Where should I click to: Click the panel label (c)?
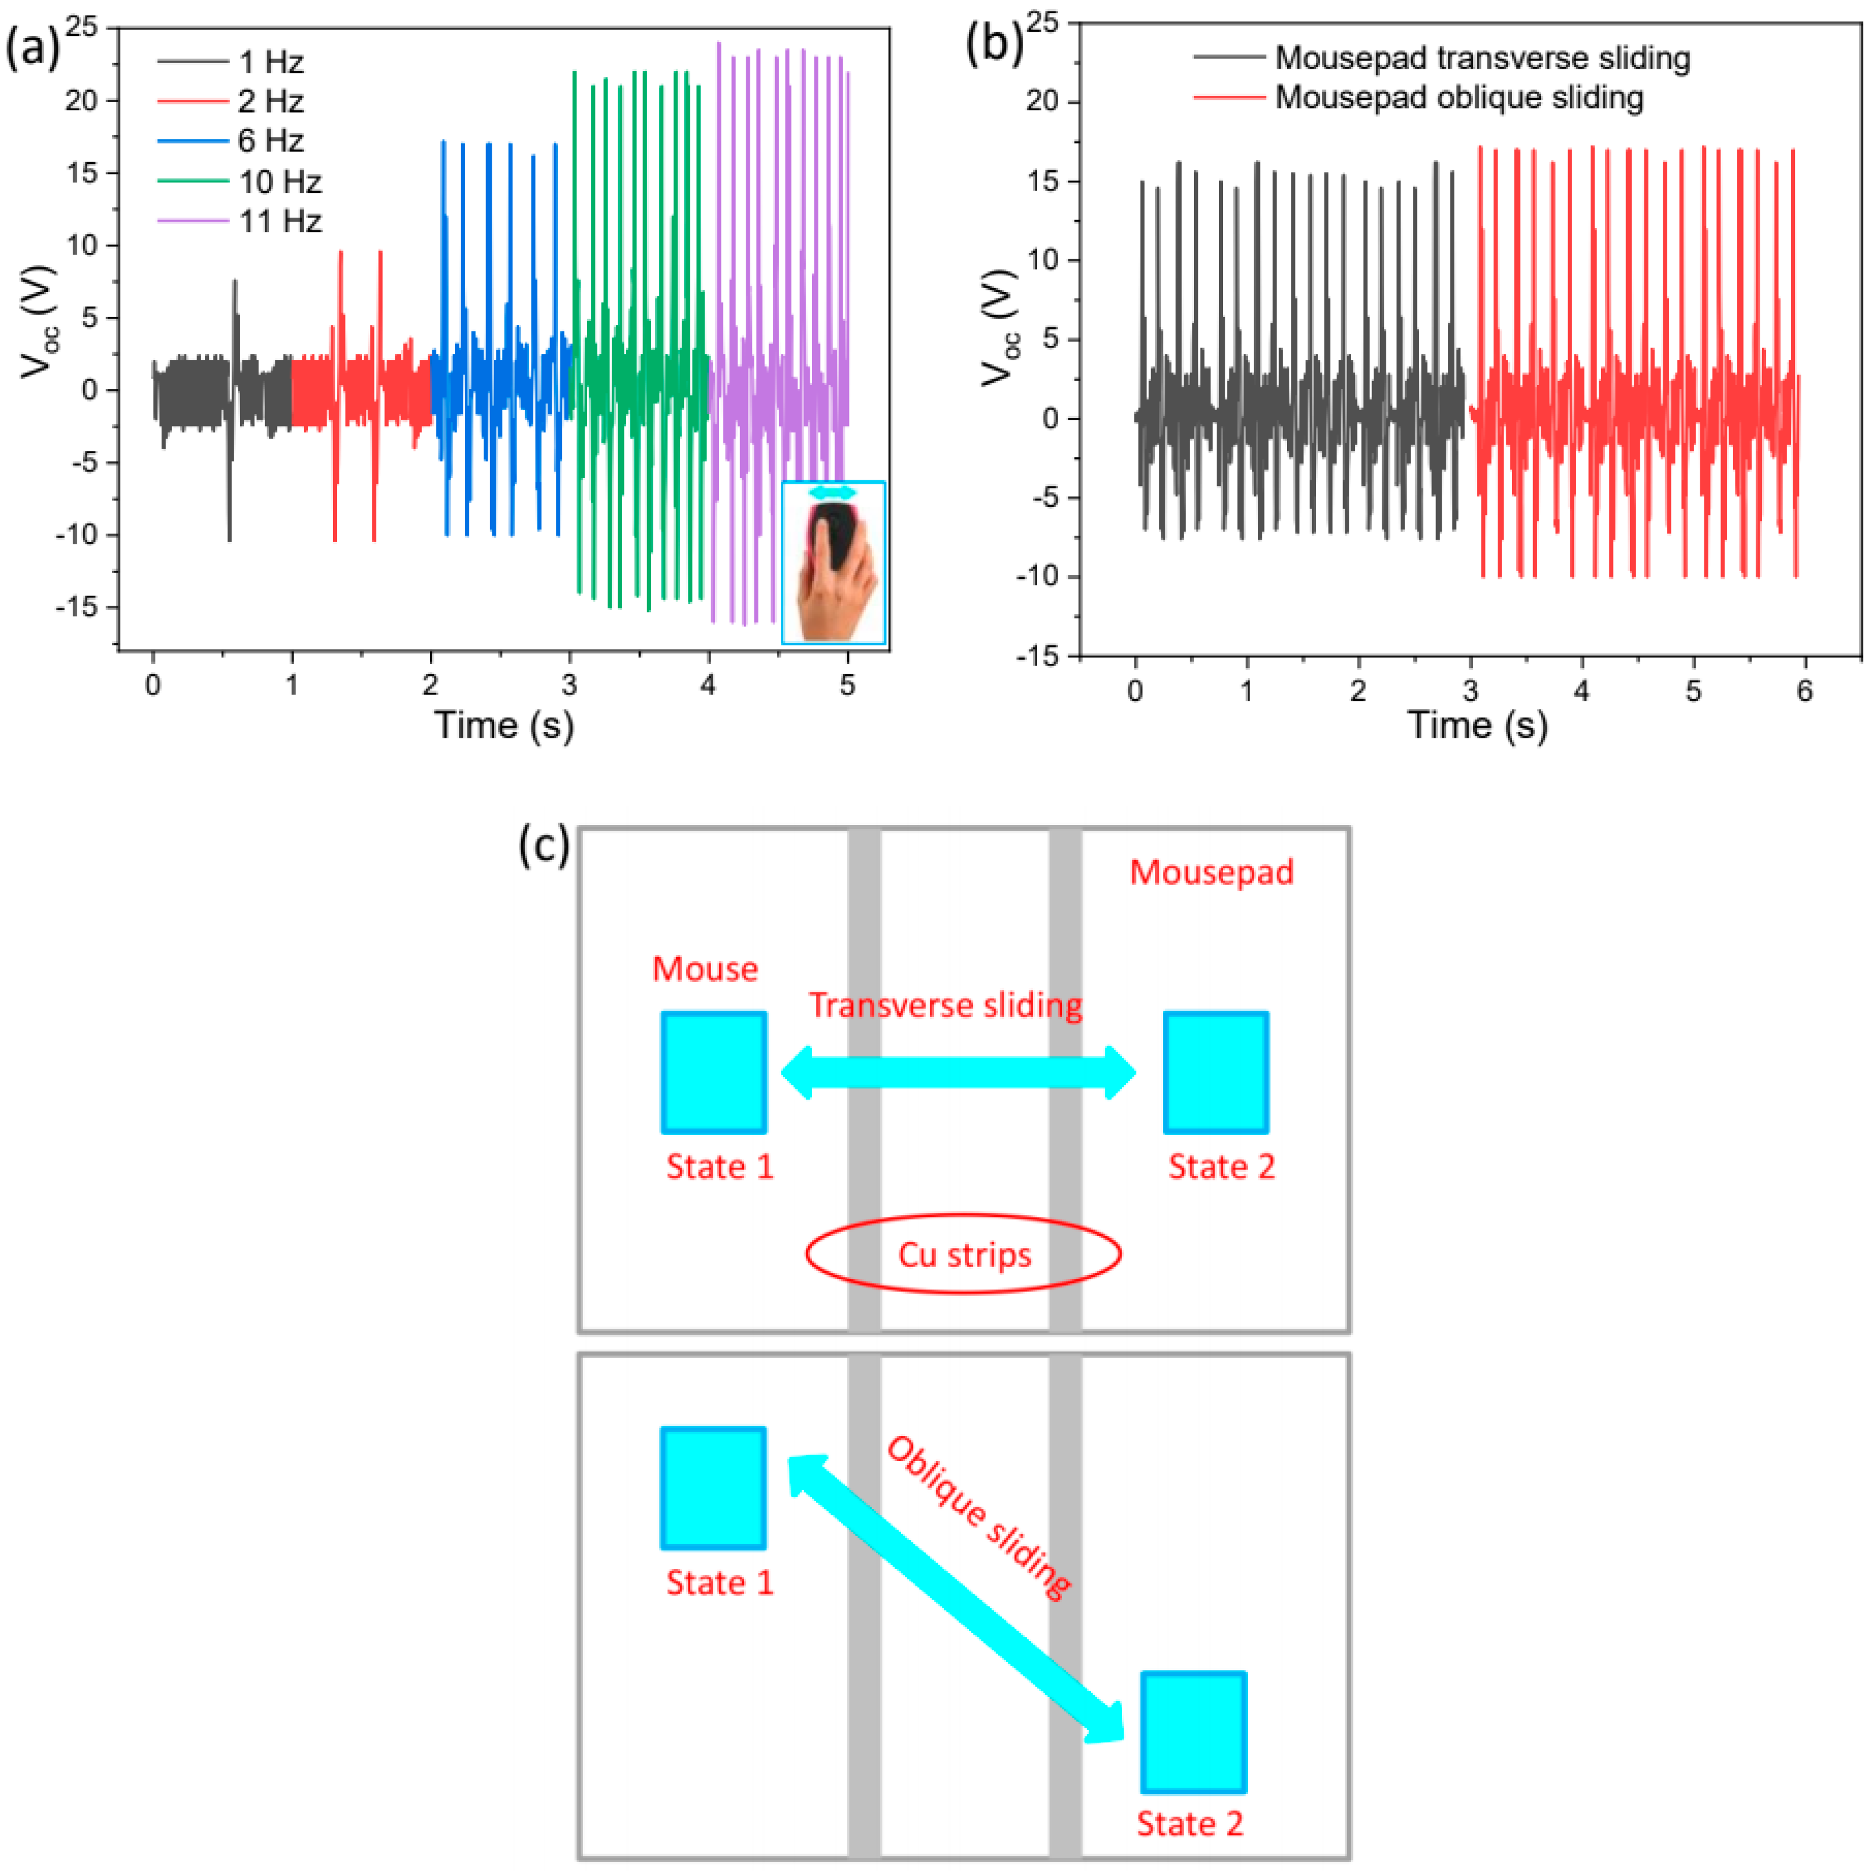click(x=544, y=845)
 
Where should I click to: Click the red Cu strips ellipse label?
click(x=964, y=1254)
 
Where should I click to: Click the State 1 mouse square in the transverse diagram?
click(x=714, y=1072)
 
